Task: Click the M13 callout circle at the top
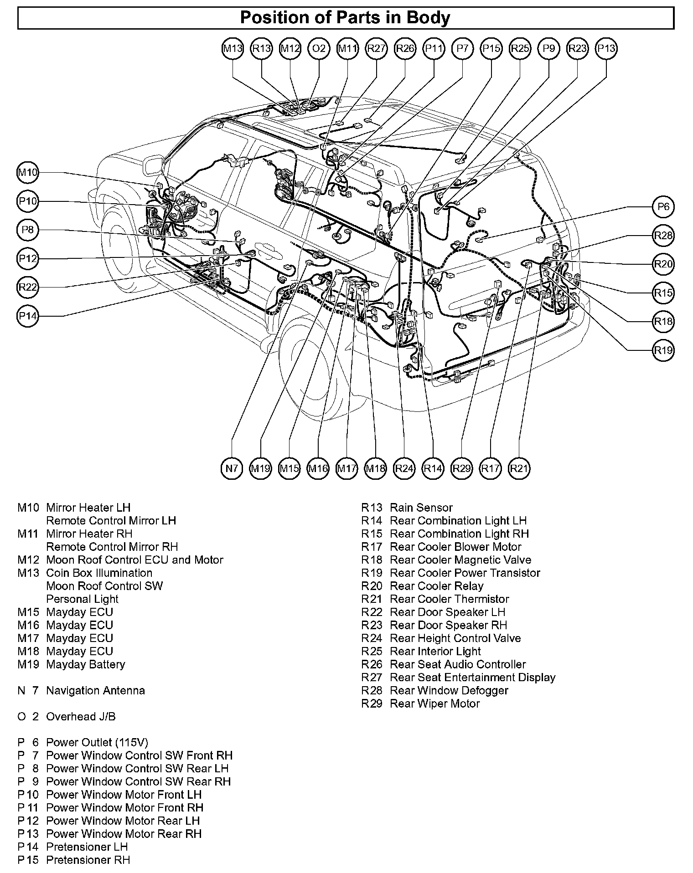233,48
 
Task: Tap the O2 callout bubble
319,48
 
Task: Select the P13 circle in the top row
606,48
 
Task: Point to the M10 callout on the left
28,173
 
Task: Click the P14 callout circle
28,316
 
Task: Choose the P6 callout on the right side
663,207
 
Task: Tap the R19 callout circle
663,350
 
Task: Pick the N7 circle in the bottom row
232,468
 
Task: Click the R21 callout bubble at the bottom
519,468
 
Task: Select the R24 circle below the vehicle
404,468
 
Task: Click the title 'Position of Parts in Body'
345,18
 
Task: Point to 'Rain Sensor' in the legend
421,508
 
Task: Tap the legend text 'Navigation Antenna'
95,690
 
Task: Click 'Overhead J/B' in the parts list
81,717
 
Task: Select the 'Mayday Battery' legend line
85,664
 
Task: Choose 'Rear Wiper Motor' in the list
434,704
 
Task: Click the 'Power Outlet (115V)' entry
97,743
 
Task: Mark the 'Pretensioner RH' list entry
88,860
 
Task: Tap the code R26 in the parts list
371,664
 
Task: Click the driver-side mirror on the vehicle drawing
152,166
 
